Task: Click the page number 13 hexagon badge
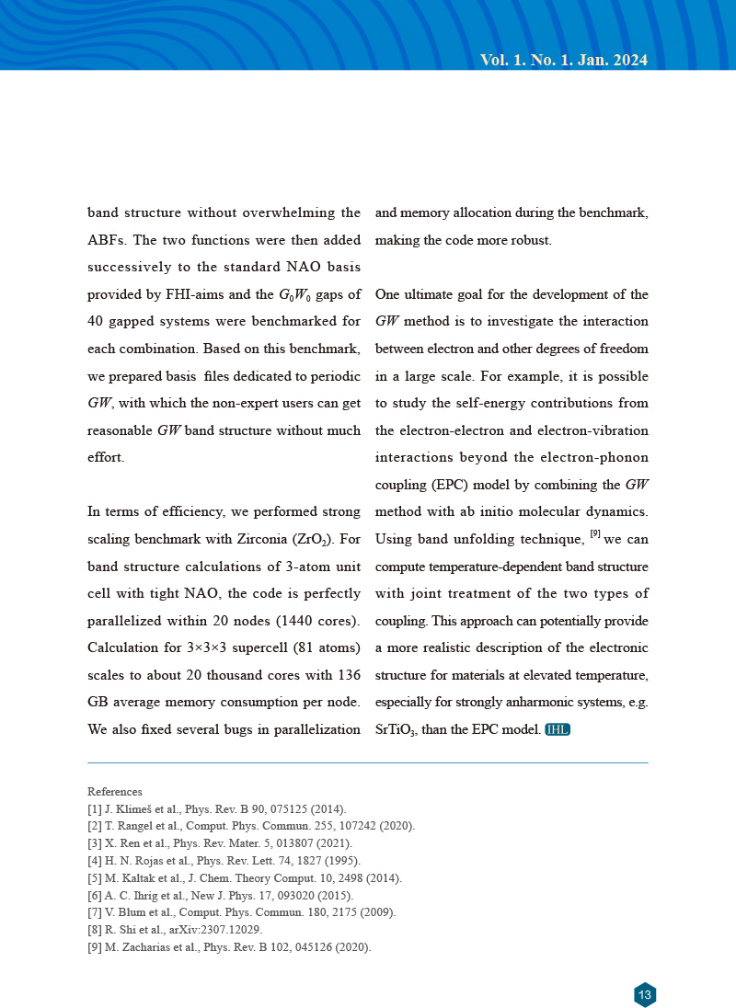645,994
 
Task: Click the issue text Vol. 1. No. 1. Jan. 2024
564,61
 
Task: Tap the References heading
115,791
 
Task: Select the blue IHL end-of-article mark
558,730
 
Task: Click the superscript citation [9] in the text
595,533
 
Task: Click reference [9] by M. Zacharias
229,947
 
